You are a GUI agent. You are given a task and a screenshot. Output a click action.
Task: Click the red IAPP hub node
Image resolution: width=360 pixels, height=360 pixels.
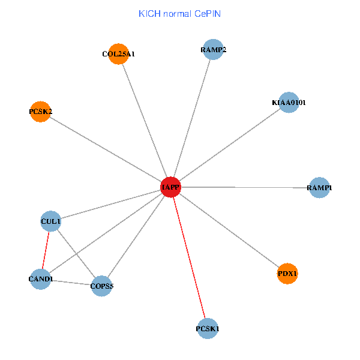point(170,187)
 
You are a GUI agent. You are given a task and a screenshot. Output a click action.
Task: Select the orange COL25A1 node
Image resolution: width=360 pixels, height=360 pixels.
point(119,53)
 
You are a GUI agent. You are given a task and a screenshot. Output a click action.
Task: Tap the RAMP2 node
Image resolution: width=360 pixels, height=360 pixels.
point(213,49)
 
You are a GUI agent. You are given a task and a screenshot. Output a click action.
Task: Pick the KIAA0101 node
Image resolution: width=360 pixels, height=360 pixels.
point(289,102)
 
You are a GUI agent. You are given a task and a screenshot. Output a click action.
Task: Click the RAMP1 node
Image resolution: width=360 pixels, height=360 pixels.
point(319,188)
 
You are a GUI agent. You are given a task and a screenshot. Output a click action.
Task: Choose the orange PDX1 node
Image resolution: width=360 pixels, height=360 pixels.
point(287,274)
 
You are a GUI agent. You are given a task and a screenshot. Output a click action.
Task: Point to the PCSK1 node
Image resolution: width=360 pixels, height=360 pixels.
point(207,329)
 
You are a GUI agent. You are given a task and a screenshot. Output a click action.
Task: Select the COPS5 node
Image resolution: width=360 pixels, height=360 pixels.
point(101,286)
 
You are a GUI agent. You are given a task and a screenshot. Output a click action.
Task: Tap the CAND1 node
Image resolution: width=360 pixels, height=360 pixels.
point(40,279)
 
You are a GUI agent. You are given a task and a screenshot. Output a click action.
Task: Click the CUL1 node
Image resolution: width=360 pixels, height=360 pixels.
point(50,221)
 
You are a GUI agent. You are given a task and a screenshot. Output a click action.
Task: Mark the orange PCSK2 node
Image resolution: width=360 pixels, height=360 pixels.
point(40,112)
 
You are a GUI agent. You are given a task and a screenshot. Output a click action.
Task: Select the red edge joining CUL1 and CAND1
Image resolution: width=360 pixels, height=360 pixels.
point(46,250)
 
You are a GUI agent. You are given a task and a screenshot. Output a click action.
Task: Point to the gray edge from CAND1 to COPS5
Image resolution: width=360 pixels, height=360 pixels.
point(71,282)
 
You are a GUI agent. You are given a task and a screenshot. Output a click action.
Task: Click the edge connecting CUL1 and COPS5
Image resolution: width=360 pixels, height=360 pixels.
point(76,254)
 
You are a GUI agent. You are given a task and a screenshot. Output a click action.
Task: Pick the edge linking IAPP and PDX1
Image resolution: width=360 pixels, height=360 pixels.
point(229,230)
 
